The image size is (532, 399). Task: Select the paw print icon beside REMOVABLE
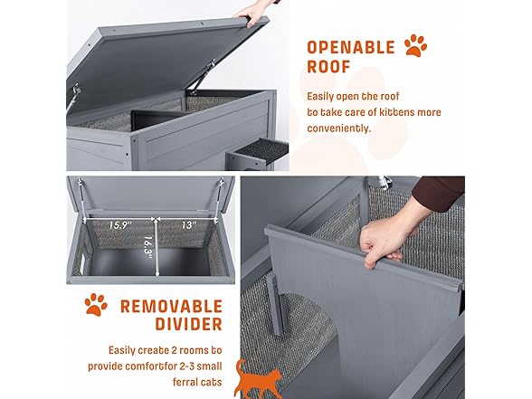(95, 305)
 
